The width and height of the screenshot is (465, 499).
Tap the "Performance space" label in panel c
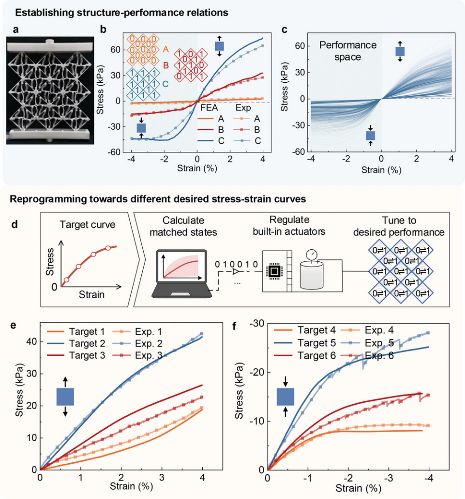tap(347, 50)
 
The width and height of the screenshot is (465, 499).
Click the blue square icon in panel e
tap(65, 397)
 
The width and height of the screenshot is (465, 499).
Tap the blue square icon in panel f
tap(285, 397)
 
